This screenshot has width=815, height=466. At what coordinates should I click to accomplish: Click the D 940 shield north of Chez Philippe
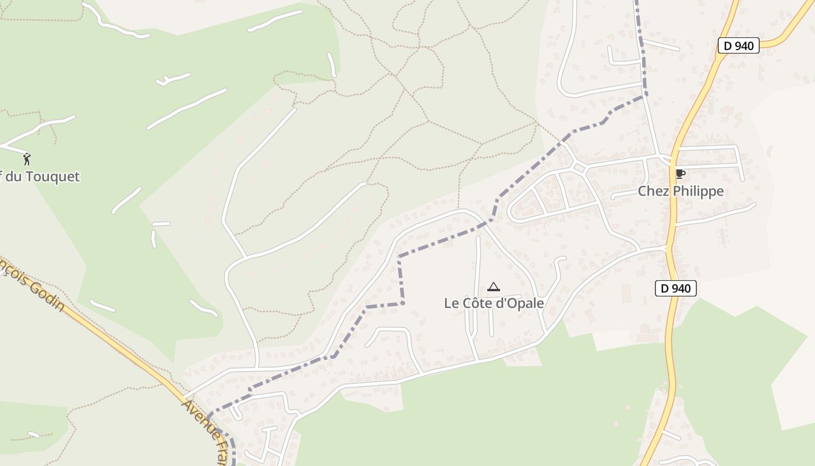738,45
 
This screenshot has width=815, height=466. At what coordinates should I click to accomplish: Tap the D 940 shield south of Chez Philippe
675,288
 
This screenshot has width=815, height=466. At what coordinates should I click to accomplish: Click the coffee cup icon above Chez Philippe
679,174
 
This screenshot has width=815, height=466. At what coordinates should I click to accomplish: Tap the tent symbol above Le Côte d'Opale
494,287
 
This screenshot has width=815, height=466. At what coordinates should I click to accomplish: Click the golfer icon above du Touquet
27,158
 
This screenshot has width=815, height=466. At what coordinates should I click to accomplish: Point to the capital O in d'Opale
510,303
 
